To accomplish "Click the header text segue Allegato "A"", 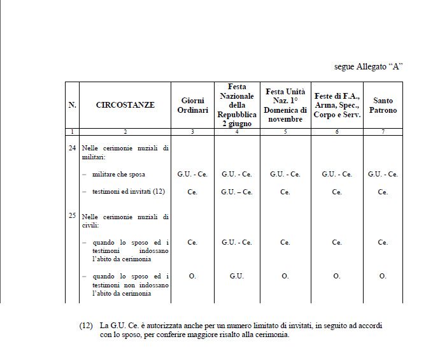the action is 369,66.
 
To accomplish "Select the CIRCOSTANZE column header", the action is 125,105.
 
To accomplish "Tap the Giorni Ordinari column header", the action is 192,105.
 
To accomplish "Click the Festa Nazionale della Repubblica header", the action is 237,105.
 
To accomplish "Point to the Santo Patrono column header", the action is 383,105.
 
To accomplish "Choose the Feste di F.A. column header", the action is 337,105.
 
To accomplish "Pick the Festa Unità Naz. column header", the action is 285,105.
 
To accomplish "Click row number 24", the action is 72,148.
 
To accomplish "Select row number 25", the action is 72,216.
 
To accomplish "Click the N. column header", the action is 72,105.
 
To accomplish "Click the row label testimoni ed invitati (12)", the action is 124,192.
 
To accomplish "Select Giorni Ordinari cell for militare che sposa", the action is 192,174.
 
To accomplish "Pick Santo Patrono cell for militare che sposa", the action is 383,174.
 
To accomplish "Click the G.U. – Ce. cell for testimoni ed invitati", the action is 237,192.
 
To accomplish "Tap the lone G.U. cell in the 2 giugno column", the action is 237,276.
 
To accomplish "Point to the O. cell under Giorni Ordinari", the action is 192,276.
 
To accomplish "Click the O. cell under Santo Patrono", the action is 383,276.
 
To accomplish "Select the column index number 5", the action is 285,131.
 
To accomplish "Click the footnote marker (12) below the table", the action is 87,326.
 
